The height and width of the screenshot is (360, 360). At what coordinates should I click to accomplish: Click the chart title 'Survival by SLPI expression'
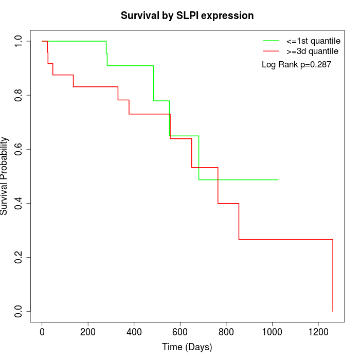187,15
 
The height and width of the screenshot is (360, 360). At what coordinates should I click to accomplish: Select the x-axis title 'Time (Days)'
187,347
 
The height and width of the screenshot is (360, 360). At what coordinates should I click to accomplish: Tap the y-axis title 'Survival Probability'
5,176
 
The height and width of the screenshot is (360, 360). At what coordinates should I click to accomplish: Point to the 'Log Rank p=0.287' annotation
296,65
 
